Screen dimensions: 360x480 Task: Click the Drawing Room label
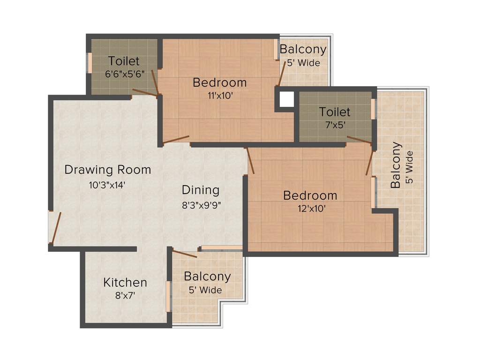108,169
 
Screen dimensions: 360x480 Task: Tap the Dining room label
201,190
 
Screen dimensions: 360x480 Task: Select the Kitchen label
125,282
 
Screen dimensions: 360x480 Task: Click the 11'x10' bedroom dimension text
220,95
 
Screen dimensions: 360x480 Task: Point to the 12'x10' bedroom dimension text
310,208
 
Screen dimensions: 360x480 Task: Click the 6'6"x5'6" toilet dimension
124,73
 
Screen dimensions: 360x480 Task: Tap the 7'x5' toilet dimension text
335,125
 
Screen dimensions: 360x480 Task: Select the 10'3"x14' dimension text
108,184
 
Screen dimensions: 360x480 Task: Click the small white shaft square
286,98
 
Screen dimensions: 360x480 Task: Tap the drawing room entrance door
56,227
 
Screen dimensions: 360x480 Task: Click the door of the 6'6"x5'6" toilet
145,92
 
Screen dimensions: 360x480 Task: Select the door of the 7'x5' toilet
360,141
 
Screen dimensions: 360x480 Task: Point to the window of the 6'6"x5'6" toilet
89,63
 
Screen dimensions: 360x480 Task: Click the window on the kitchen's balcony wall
169,296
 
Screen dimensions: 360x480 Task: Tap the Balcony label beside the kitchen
207,276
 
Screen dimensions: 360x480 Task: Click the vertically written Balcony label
397,165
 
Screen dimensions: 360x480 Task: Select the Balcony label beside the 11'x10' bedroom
303,49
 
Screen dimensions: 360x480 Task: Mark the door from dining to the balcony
185,254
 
